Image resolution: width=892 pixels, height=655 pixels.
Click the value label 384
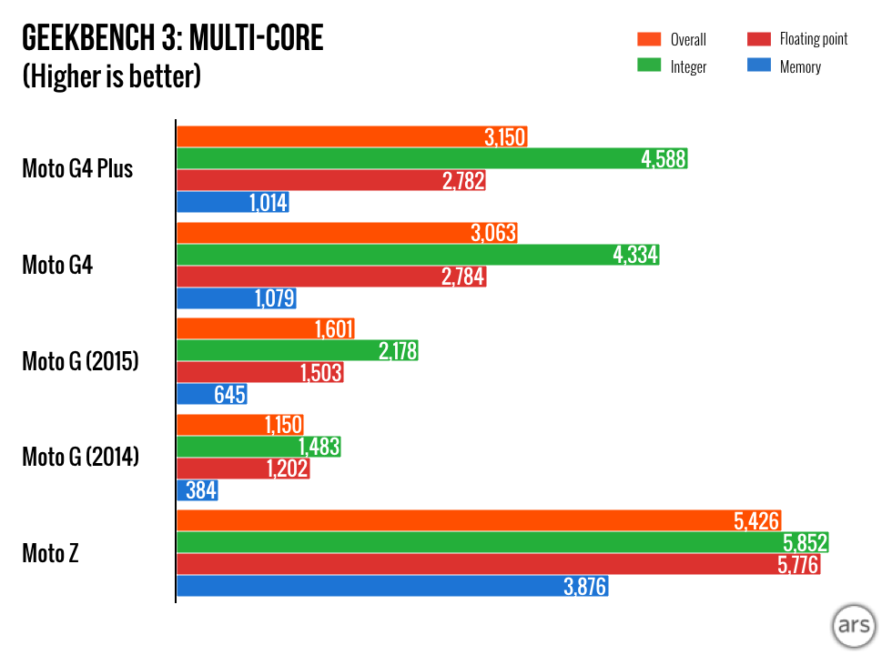(200, 491)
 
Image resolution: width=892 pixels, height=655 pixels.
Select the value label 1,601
(333, 329)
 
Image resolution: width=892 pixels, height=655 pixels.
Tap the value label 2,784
(463, 277)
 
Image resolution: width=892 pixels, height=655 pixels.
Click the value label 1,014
(269, 203)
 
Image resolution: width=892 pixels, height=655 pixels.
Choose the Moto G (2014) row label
(80, 458)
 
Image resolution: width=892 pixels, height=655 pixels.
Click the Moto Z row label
(50, 552)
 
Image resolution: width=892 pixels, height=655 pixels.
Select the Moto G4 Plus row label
(77, 169)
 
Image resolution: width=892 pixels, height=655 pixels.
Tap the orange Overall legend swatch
(648, 39)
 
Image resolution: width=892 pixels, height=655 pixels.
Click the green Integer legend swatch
(648, 66)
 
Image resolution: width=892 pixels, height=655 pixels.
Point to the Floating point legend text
(813, 39)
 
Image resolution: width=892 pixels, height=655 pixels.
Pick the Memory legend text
(800, 66)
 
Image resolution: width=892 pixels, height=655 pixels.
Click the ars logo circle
(854, 628)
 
